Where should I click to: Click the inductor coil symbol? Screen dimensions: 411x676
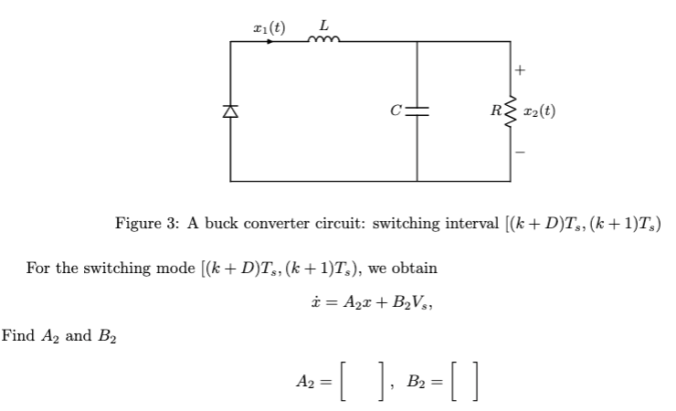coord(323,39)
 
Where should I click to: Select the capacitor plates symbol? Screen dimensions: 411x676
coord(417,111)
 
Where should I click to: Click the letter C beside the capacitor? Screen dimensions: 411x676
coord(396,112)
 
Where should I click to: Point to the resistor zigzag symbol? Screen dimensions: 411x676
coord(510,111)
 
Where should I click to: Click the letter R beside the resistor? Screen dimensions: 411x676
coord(494,112)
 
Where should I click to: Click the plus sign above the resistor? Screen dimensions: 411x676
coord(521,69)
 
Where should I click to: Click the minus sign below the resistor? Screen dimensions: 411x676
coord(521,153)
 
